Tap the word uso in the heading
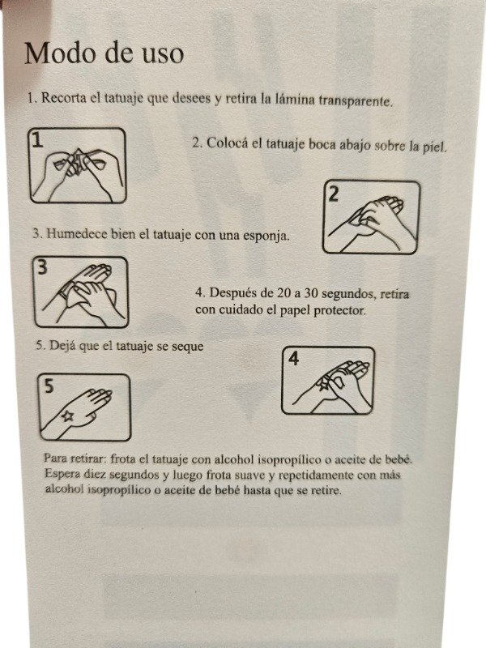(161, 53)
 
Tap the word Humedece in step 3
(79, 234)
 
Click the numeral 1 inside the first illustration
(36, 139)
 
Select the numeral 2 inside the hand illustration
(334, 193)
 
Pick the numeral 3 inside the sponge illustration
(42, 268)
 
